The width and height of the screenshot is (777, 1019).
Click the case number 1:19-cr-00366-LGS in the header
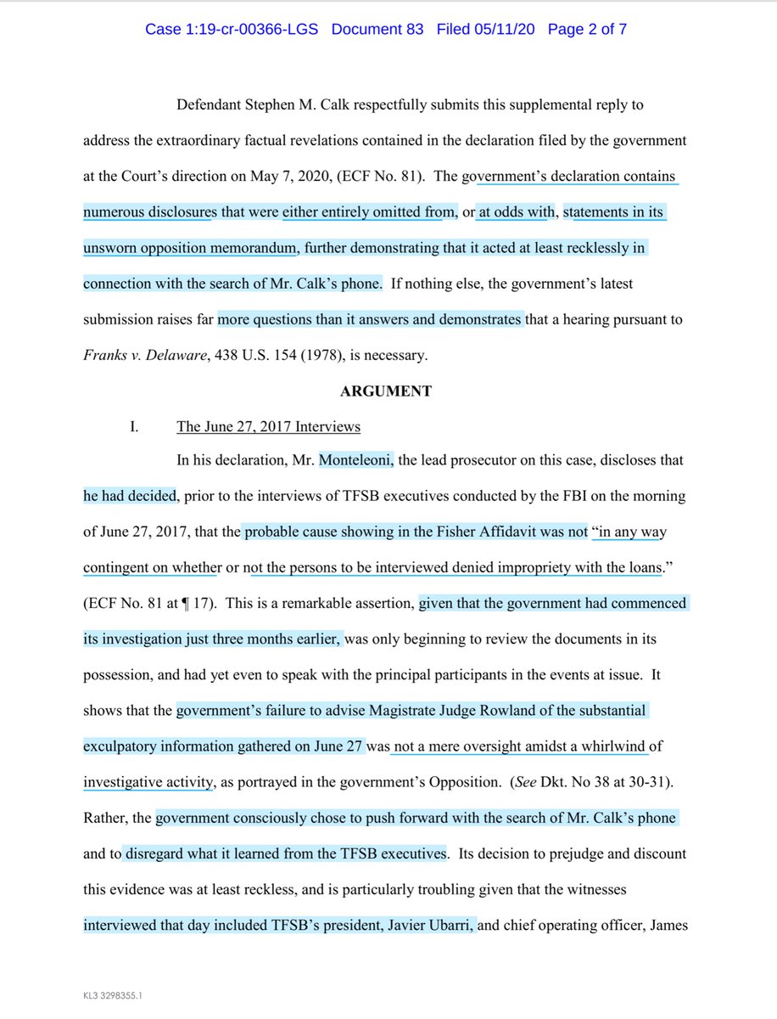(233, 30)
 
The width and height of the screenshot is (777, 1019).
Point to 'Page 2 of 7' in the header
(587, 30)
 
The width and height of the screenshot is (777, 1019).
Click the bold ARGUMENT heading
(387, 391)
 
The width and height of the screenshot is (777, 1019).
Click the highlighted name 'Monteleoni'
(356, 461)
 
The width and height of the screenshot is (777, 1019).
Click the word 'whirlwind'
(610, 747)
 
